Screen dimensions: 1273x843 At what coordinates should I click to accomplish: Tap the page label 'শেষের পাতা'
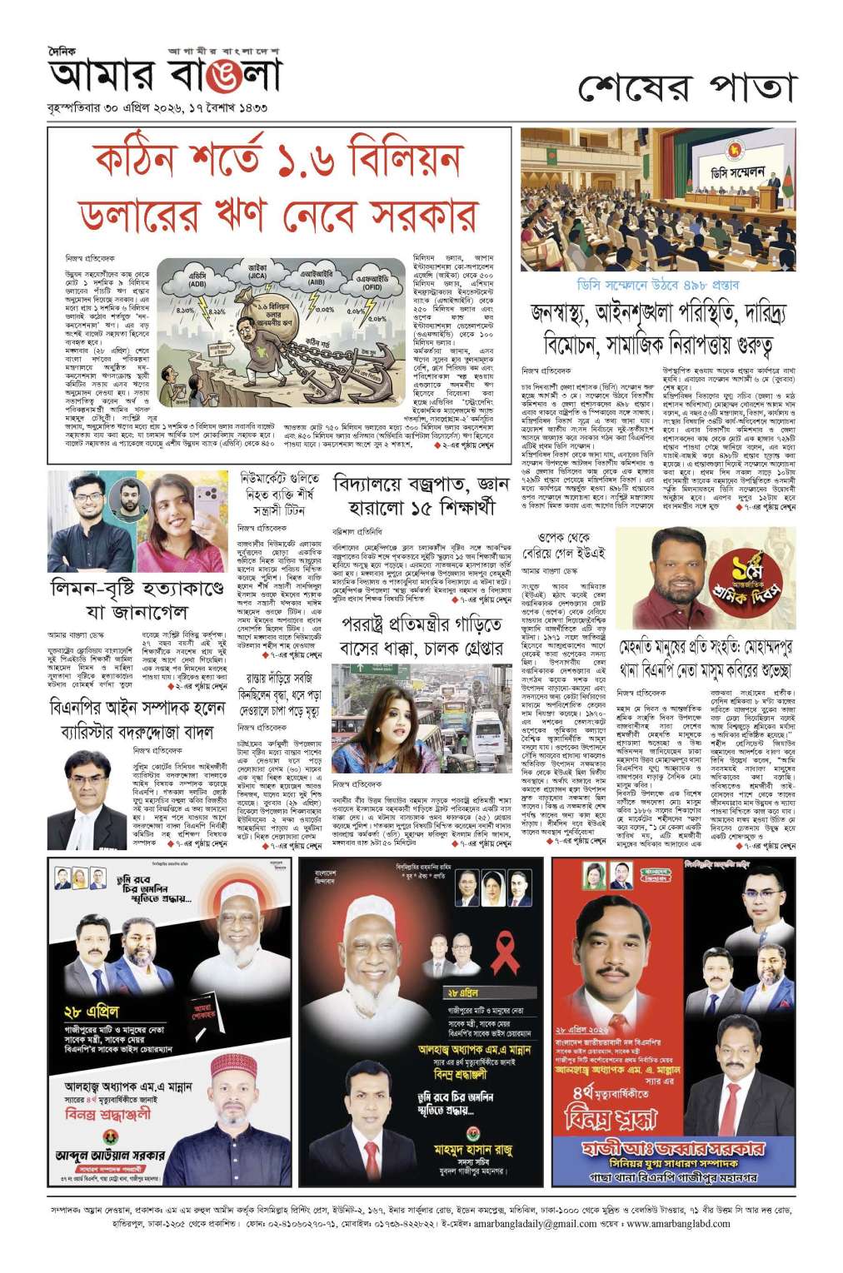(687, 87)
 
